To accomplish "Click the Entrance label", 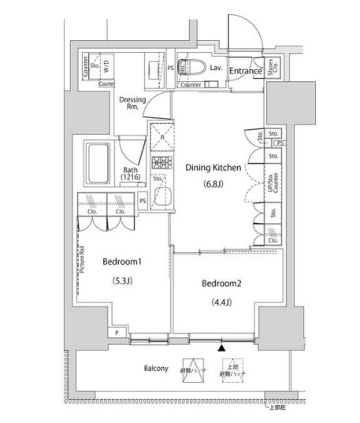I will [x=246, y=71].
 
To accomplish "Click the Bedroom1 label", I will [x=120, y=262].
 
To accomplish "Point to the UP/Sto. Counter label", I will [x=272, y=184].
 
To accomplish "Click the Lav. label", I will [x=215, y=69].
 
